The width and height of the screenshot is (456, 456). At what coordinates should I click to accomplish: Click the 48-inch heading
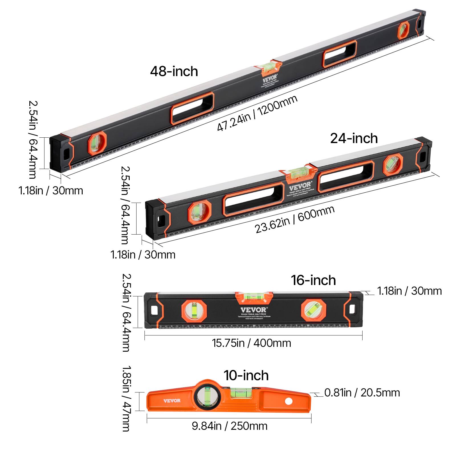(x=174, y=71)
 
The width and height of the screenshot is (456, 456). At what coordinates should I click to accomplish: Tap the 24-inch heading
(x=354, y=139)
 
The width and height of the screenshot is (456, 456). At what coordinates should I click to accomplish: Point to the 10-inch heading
(x=246, y=375)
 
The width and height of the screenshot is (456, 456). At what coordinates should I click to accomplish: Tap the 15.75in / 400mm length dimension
(x=251, y=343)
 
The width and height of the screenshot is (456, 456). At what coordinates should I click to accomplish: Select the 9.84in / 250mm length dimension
(x=229, y=426)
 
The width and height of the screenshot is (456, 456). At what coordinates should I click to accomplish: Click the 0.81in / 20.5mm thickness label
(x=362, y=393)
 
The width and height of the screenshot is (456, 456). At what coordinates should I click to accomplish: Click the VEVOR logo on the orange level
(x=172, y=401)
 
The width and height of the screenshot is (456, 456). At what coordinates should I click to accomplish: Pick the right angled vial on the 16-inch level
(x=313, y=310)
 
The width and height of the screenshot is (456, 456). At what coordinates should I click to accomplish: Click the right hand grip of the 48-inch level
(x=340, y=54)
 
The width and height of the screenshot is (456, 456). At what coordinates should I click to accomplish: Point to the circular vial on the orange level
(x=207, y=397)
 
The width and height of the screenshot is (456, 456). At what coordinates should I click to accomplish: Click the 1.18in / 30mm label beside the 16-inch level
(x=409, y=291)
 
